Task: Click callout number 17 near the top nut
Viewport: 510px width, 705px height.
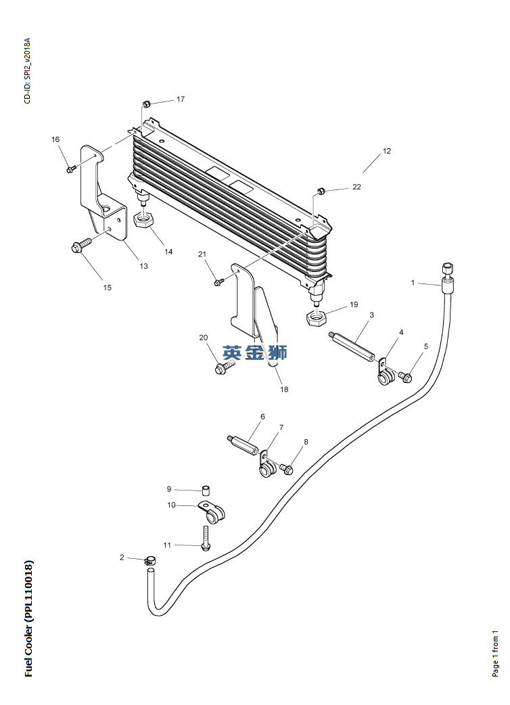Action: [x=181, y=99]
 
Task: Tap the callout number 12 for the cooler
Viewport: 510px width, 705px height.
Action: [x=387, y=152]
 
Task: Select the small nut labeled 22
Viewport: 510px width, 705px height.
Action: [x=322, y=190]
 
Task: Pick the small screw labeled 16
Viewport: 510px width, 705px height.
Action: [x=70, y=169]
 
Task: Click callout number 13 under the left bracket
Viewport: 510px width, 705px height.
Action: [x=143, y=266]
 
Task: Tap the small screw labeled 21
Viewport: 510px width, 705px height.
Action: [x=218, y=281]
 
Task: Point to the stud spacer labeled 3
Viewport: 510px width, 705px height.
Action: [x=354, y=345]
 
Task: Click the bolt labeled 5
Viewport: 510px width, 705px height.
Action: [x=407, y=377]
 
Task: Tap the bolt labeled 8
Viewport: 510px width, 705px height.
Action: [x=287, y=468]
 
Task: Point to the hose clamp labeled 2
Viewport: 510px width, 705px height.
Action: [x=149, y=561]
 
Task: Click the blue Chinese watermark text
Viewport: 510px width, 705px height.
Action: [x=256, y=352]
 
